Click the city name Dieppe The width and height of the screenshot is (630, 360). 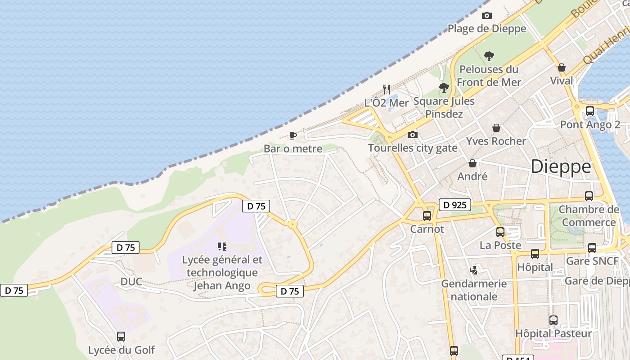(x=561, y=167)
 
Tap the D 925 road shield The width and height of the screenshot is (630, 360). (x=454, y=205)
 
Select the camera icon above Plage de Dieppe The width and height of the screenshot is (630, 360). (x=486, y=16)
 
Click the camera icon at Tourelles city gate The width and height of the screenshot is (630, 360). (x=412, y=135)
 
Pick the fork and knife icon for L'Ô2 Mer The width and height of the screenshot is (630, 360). (x=387, y=89)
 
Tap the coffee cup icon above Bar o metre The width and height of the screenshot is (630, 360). (x=293, y=135)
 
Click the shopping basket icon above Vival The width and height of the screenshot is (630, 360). (x=562, y=68)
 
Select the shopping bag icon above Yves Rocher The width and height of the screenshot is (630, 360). (x=496, y=128)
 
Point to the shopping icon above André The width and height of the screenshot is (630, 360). (x=472, y=163)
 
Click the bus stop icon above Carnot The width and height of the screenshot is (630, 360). (x=427, y=216)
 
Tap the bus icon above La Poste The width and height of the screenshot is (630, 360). (x=500, y=232)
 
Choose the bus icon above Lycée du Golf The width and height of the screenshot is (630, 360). (x=121, y=337)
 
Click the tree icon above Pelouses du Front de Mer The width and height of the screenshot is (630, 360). (x=489, y=56)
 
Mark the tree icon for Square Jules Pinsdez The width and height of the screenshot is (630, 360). (x=444, y=88)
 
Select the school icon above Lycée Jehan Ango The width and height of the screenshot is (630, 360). (x=222, y=247)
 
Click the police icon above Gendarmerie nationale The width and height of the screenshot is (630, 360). (x=473, y=270)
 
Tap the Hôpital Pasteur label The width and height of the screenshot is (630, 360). (x=553, y=333)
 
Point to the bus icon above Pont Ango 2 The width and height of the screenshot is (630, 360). (x=589, y=111)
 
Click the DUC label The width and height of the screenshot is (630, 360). (x=131, y=282)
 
